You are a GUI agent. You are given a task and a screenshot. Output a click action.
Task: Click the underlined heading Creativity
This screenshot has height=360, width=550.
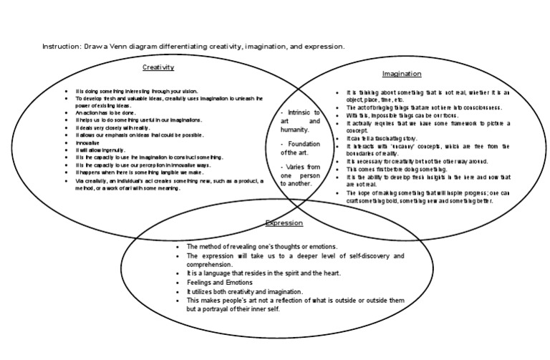tap(158, 67)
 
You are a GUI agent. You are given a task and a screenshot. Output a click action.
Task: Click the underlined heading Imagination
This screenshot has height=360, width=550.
tap(401, 74)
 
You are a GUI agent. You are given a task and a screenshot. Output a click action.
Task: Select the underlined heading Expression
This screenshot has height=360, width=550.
tap(284, 223)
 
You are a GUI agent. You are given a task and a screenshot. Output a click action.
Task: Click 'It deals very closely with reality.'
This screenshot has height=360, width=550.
tap(115, 127)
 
